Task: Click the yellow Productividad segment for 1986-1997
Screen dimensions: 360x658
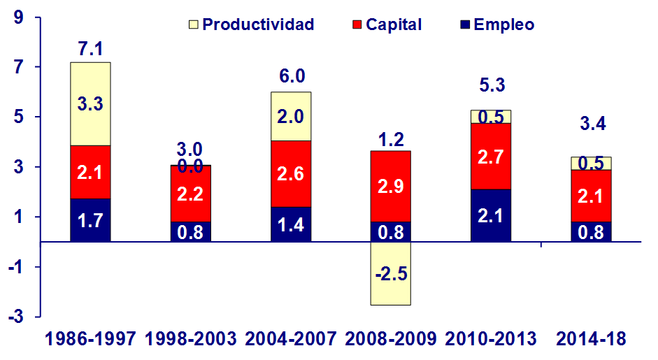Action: [x=90, y=103]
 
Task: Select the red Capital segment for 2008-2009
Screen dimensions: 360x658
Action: [x=391, y=186]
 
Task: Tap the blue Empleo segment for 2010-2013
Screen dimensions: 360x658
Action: [x=491, y=215]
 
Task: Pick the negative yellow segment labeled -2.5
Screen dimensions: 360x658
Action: [x=391, y=273]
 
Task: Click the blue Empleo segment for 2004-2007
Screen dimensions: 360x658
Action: [x=290, y=224]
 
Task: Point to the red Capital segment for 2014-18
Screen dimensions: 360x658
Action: [x=592, y=196]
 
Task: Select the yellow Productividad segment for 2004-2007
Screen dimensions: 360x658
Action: [x=290, y=116]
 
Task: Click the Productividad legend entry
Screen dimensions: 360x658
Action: [x=252, y=24]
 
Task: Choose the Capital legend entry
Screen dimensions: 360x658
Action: [x=385, y=24]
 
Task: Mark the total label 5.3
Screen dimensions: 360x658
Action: [x=491, y=86]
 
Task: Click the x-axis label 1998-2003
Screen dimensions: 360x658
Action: [x=189, y=340]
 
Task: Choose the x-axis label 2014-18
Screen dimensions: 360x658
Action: [x=592, y=340]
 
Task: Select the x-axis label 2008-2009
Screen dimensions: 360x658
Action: [x=391, y=340]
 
